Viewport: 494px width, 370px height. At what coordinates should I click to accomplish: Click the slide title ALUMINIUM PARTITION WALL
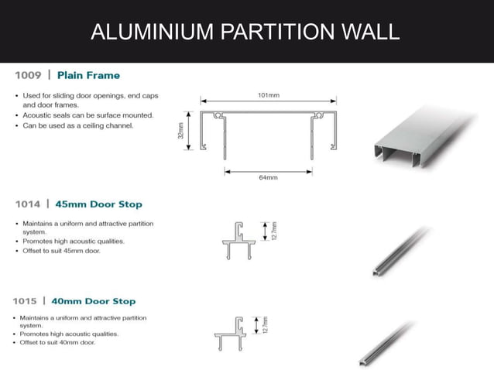pos(245,32)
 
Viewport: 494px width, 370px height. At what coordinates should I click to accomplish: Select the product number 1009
pos(29,76)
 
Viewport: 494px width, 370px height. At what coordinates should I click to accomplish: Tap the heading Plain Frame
pos(88,76)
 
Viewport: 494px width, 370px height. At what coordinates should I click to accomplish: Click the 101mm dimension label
pos(268,95)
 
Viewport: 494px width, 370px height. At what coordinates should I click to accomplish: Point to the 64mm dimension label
pos(268,177)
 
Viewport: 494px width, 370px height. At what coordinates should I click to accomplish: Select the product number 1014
pos(29,204)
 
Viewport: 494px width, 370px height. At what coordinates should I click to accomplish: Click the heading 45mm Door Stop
pos(99,204)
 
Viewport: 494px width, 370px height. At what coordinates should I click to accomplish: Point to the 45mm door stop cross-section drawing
pos(242,239)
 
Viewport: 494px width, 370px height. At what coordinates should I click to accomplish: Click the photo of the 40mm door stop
pos(391,342)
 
